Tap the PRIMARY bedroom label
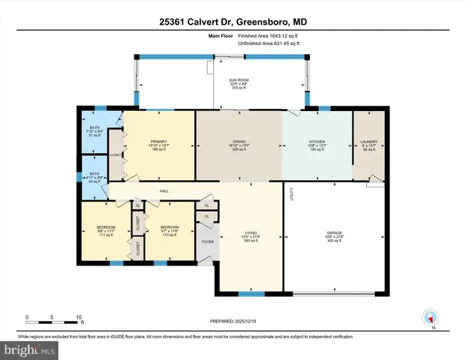click(x=158, y=141)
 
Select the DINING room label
click(x=239, y=141)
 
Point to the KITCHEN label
click(x=317, y=141)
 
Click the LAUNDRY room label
click(x=368, y=141)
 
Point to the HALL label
click(x=164, y=190)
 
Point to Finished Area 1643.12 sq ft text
click(x=269, y=36)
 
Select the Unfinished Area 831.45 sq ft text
click(x=269, y=43)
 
